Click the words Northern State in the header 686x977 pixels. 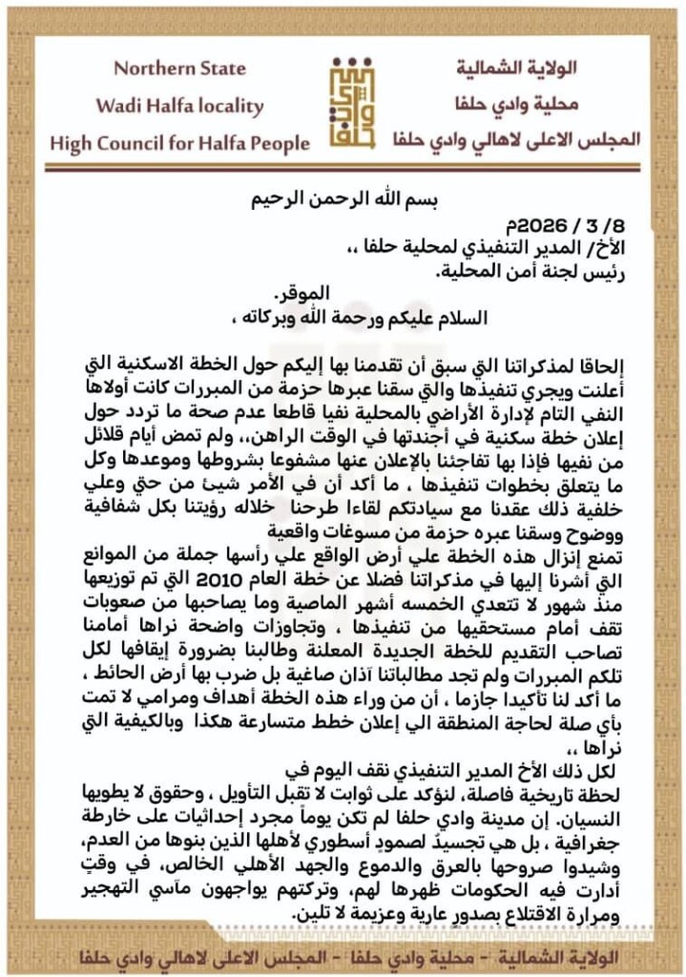(x=179, y=69)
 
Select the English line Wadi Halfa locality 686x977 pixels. (x=179, y=105)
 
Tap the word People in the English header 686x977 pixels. (x=277, y=143)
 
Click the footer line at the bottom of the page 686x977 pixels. (x=343, y=953)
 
